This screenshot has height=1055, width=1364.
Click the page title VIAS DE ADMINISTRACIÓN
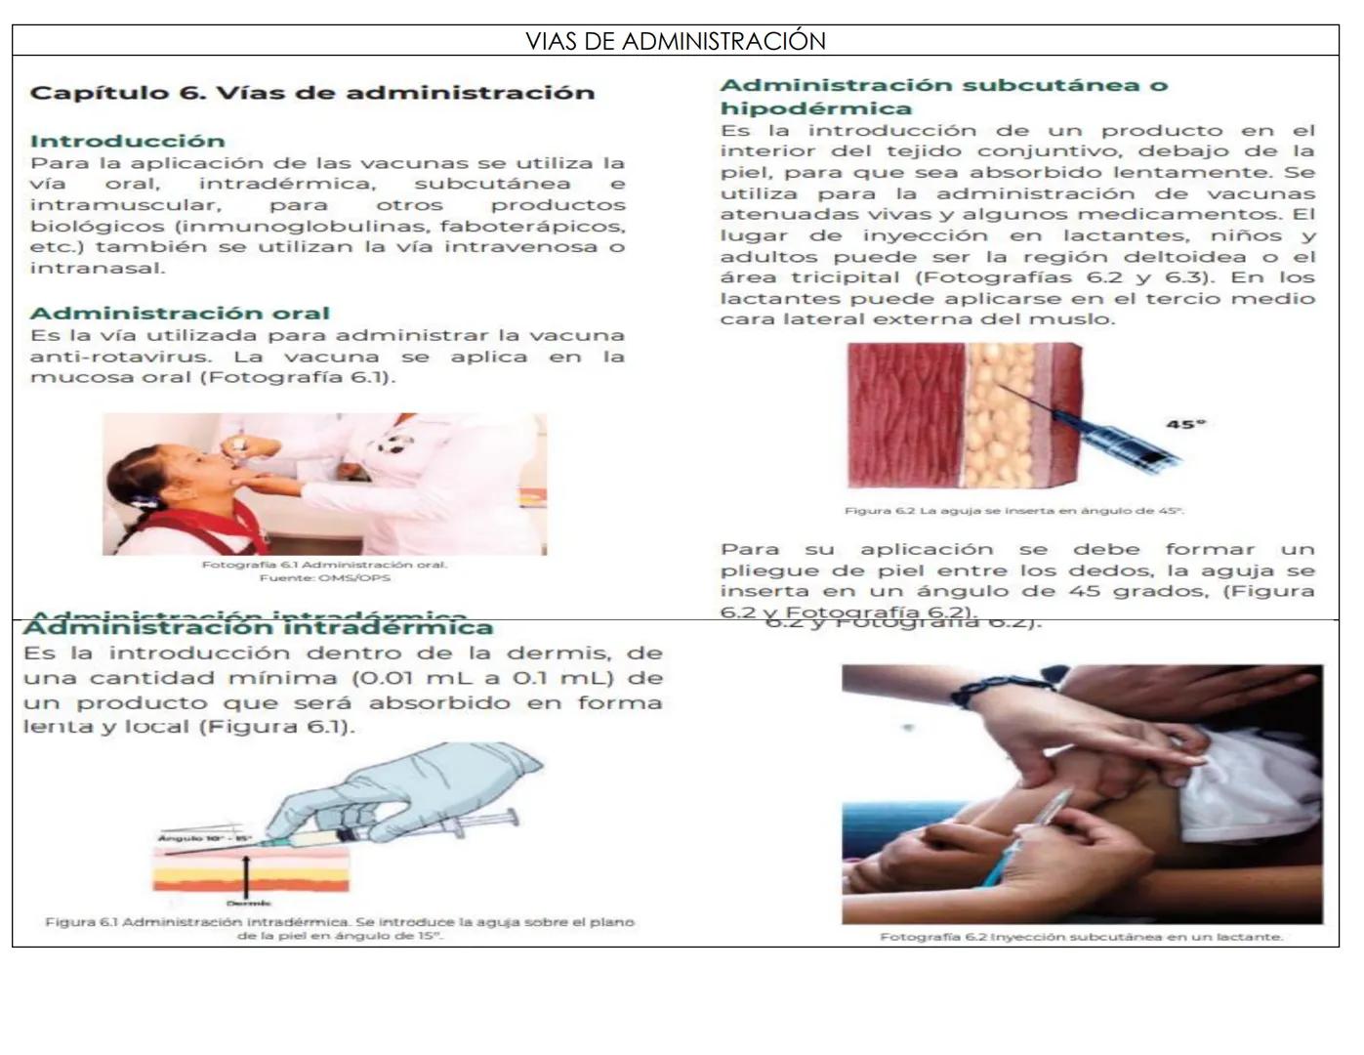coord(675,41)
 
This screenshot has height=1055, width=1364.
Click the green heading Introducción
coord(127,141)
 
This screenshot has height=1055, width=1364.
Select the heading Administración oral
coord(180,314)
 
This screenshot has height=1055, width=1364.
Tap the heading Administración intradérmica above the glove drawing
coord(258,628)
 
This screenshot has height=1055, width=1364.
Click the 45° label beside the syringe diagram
coord(1185,424)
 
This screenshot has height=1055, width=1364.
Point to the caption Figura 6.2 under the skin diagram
coord(1013,511)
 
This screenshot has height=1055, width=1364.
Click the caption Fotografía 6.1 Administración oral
coord(324,565)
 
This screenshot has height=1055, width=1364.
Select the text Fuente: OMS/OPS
coord(324,578)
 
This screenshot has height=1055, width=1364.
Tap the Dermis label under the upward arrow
coord(248,904)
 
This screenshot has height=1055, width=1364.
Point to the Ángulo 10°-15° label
coord(204,838)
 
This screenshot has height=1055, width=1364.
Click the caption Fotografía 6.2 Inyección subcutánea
coord(1081,937)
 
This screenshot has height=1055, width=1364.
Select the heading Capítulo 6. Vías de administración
coord(311,93)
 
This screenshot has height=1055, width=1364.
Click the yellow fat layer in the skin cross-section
coord(999,415)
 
